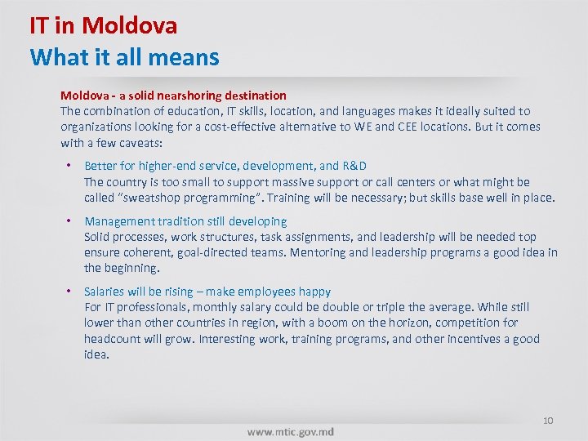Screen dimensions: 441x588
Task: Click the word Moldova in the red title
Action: [x=129, y=25]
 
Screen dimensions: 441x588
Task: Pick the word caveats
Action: [x=140, y=143]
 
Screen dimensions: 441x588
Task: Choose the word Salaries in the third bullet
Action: [x=105, y=292]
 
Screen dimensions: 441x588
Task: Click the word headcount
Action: [x=114, y=339]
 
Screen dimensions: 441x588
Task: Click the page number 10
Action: [x=548, y=421]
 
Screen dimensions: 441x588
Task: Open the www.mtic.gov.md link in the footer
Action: [x=290, y=431]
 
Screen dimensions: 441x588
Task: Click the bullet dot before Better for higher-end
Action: [x=69, y=166]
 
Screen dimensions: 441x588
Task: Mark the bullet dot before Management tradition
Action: [x=69, y=221]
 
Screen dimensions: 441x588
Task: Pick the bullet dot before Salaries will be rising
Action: [x=69, y=292]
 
